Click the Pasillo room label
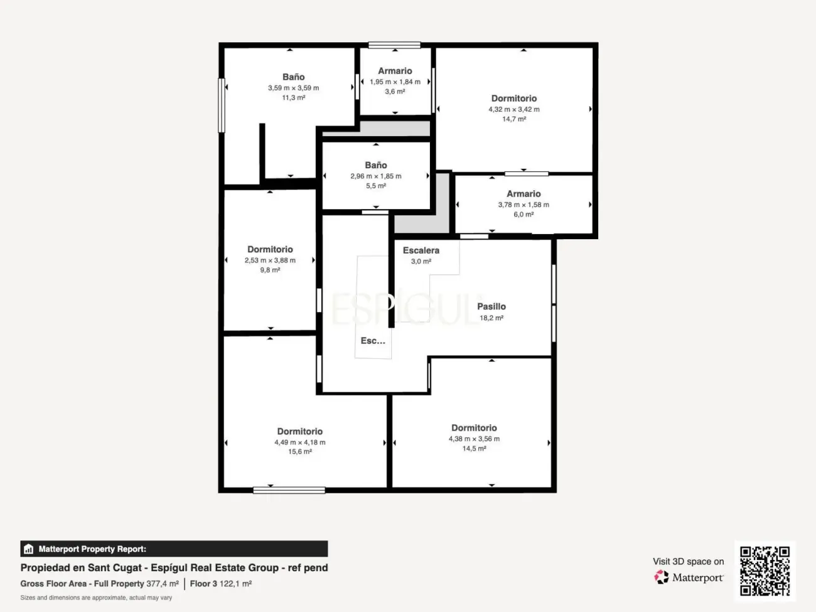coord(491,306)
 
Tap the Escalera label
coord(421,250)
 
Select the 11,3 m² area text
coord(293,98)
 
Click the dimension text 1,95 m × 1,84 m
coord(395,82)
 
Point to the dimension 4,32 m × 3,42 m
coord(513,109)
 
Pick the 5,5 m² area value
coord(375,186)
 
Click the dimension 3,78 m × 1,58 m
coord(523,205)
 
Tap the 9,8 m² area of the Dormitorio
coord(270,270)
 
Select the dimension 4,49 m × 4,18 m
coord(299,442)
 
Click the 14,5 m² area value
coord(474,449)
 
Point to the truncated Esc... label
coord(372,341)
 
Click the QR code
coord(765,571)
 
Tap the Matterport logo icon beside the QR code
coord(662,577)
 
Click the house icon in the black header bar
coord(29,549)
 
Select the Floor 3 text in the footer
coord(203,583)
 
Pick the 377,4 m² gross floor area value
coord(163,583)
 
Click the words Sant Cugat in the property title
coord(114,568)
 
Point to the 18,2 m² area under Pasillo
coord(491,318)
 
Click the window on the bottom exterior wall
coord(289,490)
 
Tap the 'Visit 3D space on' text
coord(688,561)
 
